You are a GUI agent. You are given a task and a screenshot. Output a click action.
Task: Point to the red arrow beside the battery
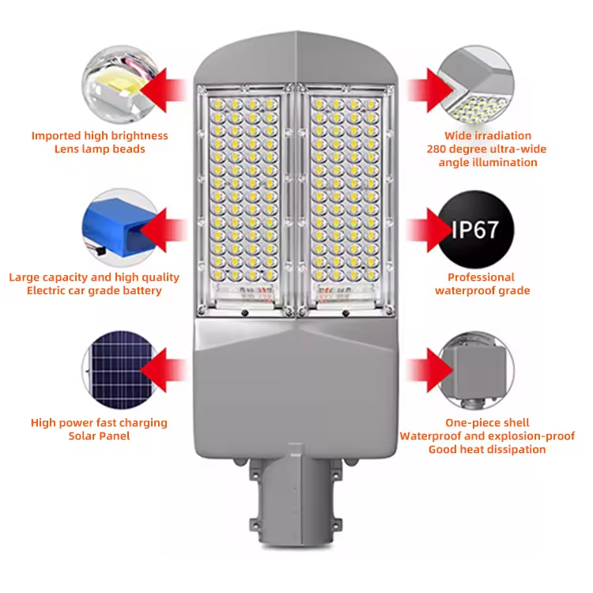(162, 229)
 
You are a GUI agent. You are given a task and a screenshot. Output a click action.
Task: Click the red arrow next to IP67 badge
(427, 229)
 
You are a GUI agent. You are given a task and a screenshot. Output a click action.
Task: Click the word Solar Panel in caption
(99, 436)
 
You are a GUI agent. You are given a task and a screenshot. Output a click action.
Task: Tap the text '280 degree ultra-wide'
(486, 149)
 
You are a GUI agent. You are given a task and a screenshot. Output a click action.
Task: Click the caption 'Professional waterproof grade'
(482, 284)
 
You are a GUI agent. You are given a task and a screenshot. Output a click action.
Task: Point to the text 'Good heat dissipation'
(487, 450)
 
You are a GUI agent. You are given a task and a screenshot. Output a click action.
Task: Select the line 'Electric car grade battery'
(94, 291)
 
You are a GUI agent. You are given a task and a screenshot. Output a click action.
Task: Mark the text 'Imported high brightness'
(100, 135)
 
